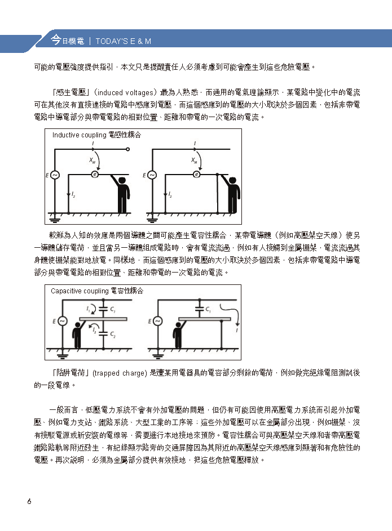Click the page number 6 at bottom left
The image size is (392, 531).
(28, 502)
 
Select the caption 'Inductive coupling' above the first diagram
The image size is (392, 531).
(75, 135)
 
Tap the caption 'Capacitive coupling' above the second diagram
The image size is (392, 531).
(75, 291)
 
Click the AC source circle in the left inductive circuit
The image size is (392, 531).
(56, 175)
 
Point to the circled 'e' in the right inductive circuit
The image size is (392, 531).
(196, 175)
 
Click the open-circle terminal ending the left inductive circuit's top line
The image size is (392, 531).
(129, 149)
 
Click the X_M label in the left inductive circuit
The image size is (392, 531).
(92, 161)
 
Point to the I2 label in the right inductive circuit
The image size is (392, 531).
(170, 194)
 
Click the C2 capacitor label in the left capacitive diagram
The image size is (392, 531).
(112, 335)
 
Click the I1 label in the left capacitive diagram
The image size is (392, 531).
(89, 309)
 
